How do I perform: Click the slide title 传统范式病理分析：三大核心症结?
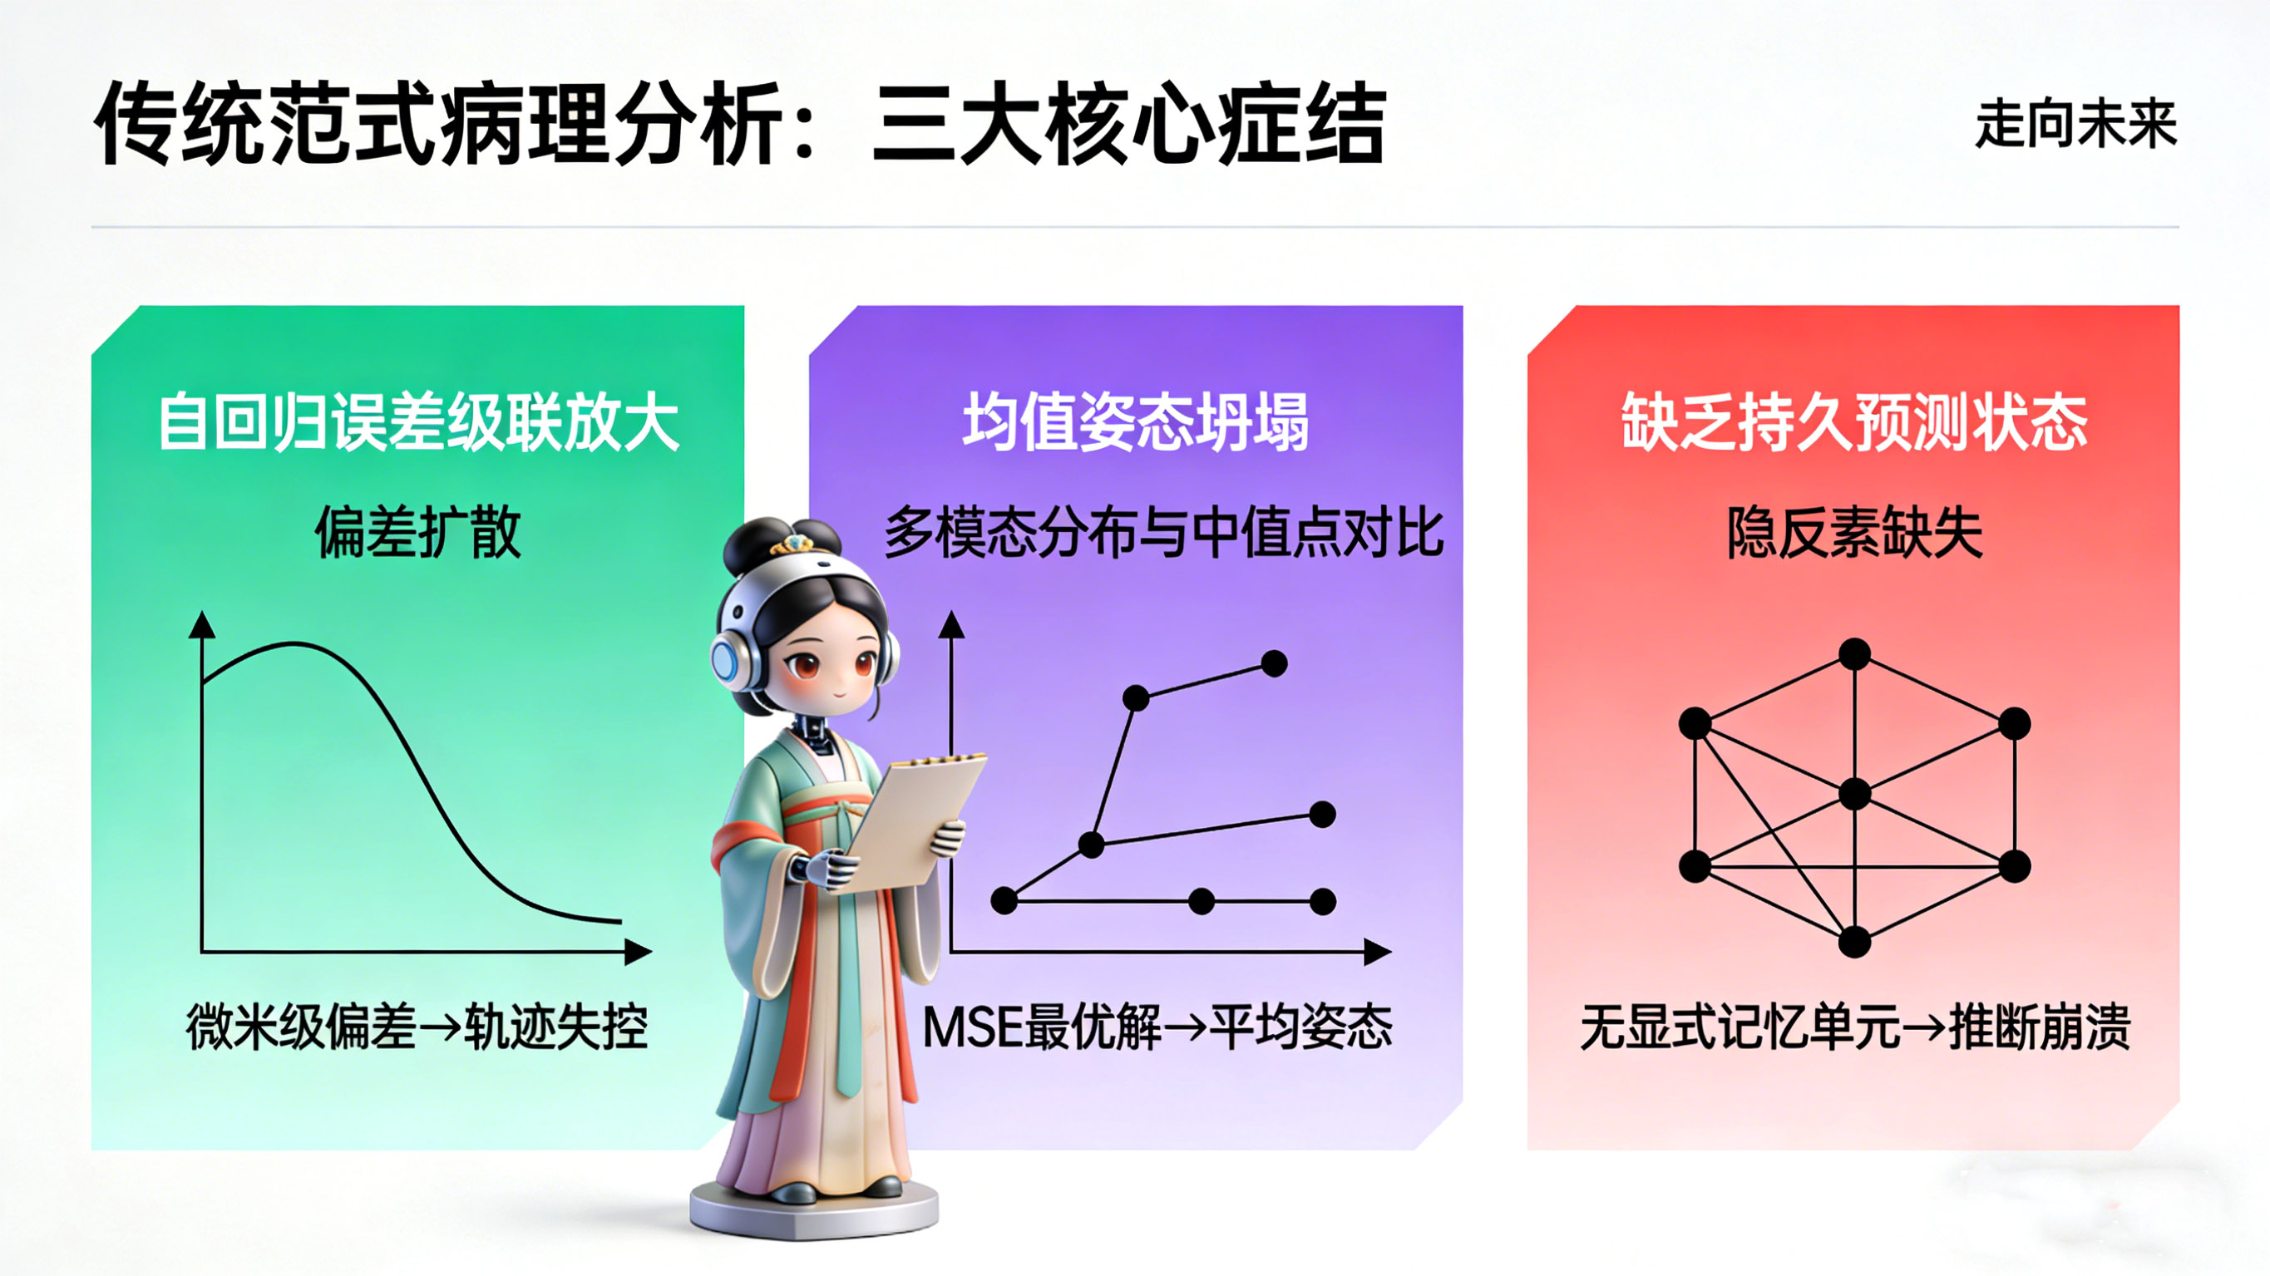(740, 123)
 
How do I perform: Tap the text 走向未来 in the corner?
(2076, 123)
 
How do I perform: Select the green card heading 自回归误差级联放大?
(418, 423)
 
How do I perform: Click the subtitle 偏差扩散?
(417, 532)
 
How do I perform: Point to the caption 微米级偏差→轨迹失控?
(417, 1027)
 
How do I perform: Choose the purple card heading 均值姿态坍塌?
(1136, 423)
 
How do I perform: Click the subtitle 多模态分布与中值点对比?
(1163, 532)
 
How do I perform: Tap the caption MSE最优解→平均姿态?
(1157, 1027)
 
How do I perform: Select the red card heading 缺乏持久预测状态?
(1854, 423)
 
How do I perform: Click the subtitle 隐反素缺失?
(1854, 532)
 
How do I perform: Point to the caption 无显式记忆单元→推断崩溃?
(1854, 1027)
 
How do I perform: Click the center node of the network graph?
(1855, 794)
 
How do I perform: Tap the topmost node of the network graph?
(1855, 655)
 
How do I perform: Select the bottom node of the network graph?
(1855, 941)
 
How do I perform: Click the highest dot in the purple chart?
(1274, 663)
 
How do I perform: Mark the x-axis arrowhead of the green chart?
(638, 952)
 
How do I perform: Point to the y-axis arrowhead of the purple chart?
(952, 624)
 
